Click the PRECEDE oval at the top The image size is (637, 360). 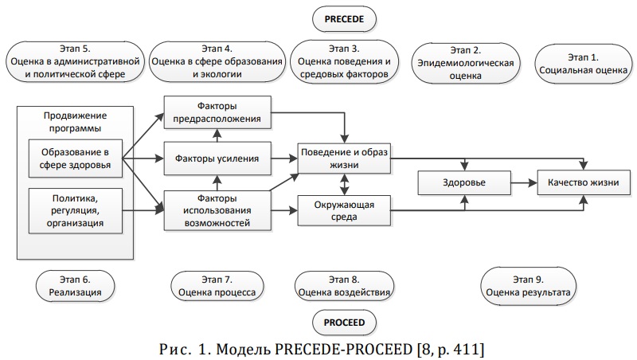coord(344,19)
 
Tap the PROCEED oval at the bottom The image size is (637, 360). coord(344,323)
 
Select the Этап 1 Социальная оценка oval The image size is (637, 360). coord(583,64)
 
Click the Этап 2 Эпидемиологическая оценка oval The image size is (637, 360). coord(466,63)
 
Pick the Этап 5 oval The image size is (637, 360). coord(75,61)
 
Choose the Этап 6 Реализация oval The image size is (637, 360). coord(75,286)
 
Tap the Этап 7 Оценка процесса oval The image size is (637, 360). coord(217,286)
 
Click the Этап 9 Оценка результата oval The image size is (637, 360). coord(528,286)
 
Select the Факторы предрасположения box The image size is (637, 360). coord(217,112)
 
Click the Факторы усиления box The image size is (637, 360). coord(217,158)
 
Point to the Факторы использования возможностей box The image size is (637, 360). coord(217,210)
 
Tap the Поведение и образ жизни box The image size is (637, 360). coord(344,158)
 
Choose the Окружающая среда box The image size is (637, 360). coord(344,210)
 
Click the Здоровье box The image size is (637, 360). coord(464,182)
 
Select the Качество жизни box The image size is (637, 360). coord(584,182)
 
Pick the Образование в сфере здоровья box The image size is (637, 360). coord(75,158)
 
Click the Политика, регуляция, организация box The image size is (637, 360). coord(75,210)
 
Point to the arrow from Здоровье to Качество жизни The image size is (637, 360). coord(524,183)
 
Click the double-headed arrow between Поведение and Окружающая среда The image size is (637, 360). coord(345,185)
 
